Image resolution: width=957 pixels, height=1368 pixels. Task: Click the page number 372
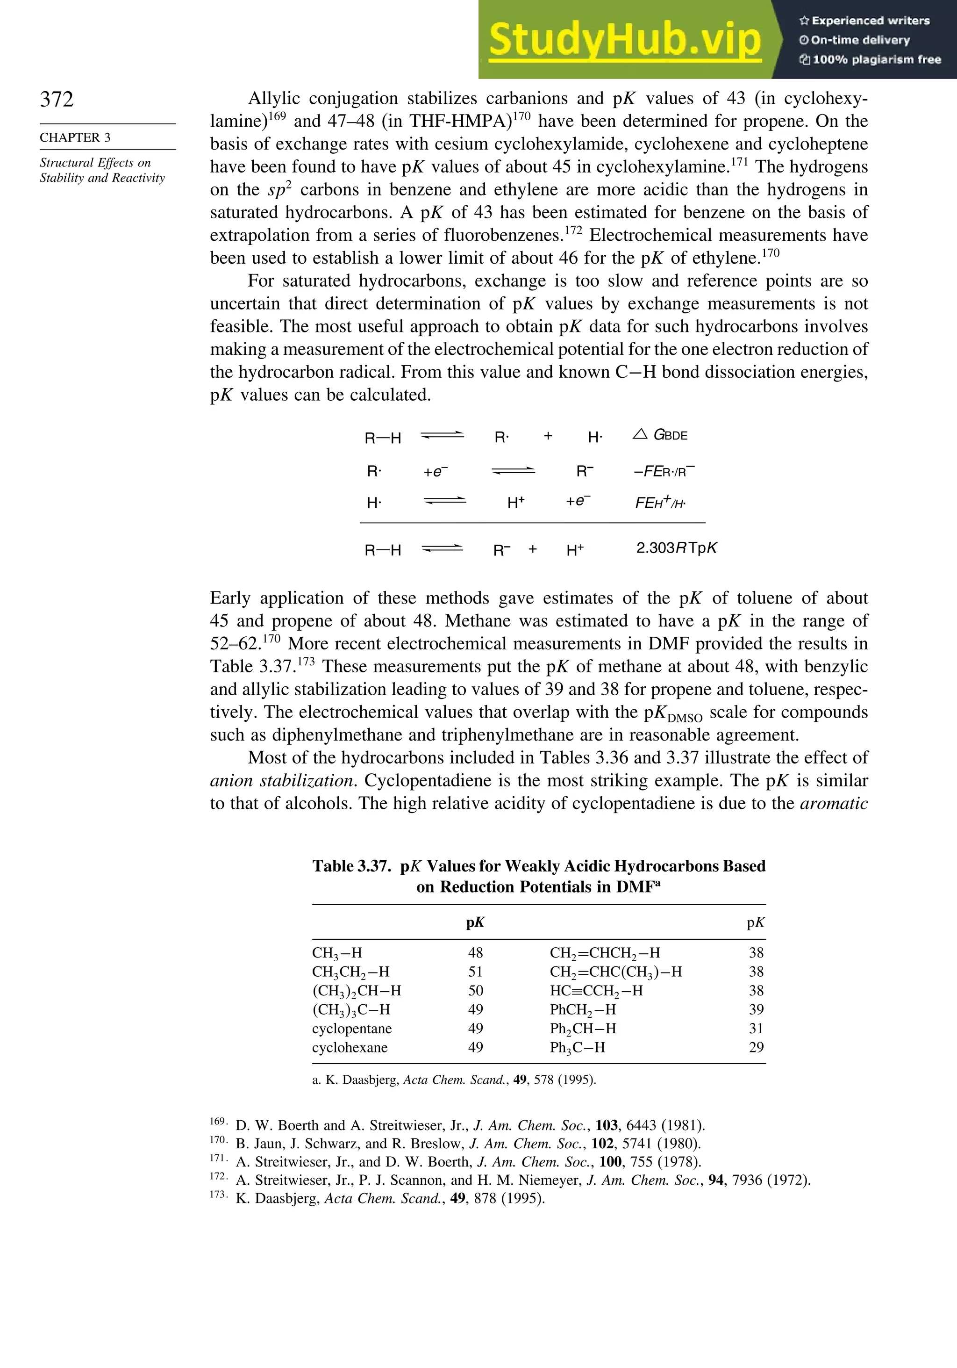click(x=57, y=99)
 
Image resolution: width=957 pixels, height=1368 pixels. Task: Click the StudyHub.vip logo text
click(x=625, y=40)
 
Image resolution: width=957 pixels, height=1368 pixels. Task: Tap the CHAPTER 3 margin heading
click(x=75, y=137)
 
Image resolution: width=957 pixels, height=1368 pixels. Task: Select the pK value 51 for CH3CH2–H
click(x=475, y=972)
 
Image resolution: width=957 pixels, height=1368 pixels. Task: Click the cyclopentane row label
click(x=351, y=1029)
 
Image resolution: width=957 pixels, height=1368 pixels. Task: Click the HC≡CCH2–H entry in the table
click(x=596, y=991)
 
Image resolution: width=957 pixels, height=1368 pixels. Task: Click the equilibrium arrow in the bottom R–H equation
click(x=442, y=549)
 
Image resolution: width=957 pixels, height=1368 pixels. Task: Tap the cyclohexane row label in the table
click(x=350, y=1047)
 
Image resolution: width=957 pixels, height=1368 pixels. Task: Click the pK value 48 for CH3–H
click(x=475, y=953)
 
